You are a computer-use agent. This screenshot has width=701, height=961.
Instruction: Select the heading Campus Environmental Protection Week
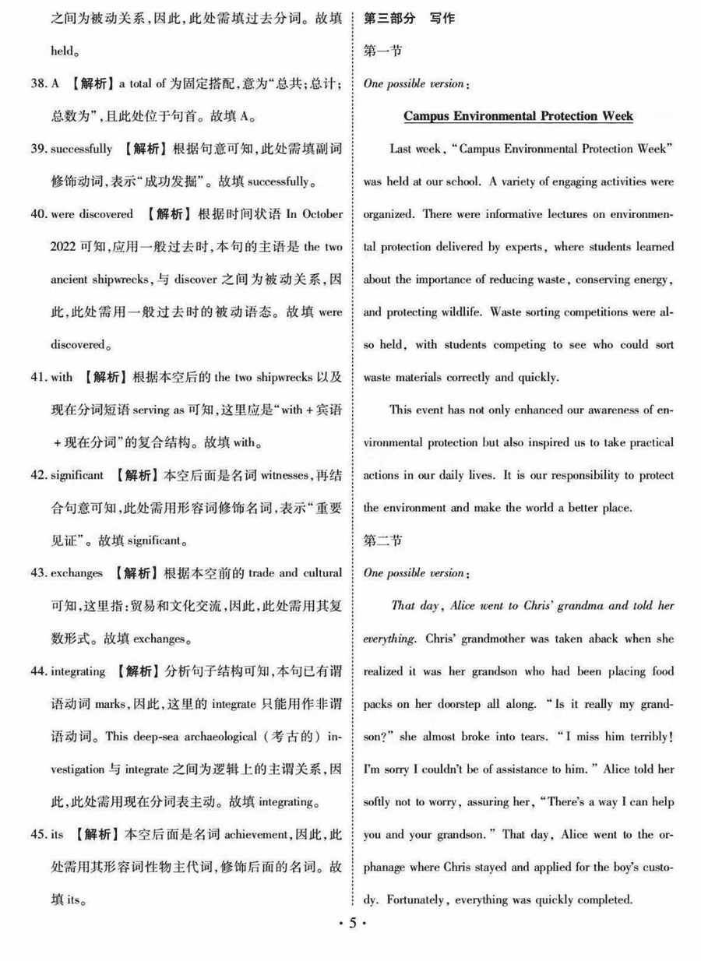[518, 116]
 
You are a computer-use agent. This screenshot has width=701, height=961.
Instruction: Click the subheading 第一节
[382, 51]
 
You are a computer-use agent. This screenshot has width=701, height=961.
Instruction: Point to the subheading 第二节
[382, 540]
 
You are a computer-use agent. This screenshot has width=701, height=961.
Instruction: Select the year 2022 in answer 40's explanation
[64, 247]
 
